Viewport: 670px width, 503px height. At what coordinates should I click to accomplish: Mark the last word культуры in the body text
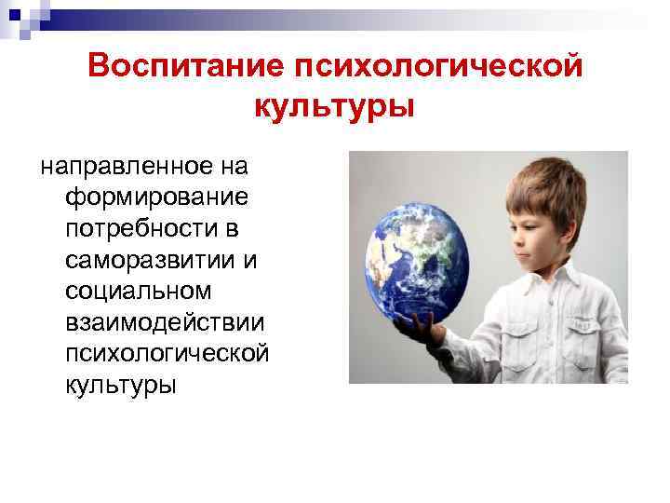[120, 384]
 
